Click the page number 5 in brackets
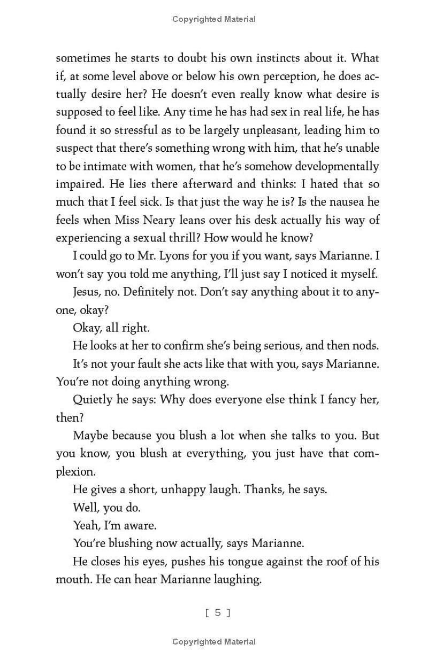click(x=218, y=613)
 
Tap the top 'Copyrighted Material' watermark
click(x=214, y=19)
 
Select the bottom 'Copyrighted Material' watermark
click(x=214, y=642)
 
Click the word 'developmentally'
click(x=335, y=166)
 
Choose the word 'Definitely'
click(x=147, y=292)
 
